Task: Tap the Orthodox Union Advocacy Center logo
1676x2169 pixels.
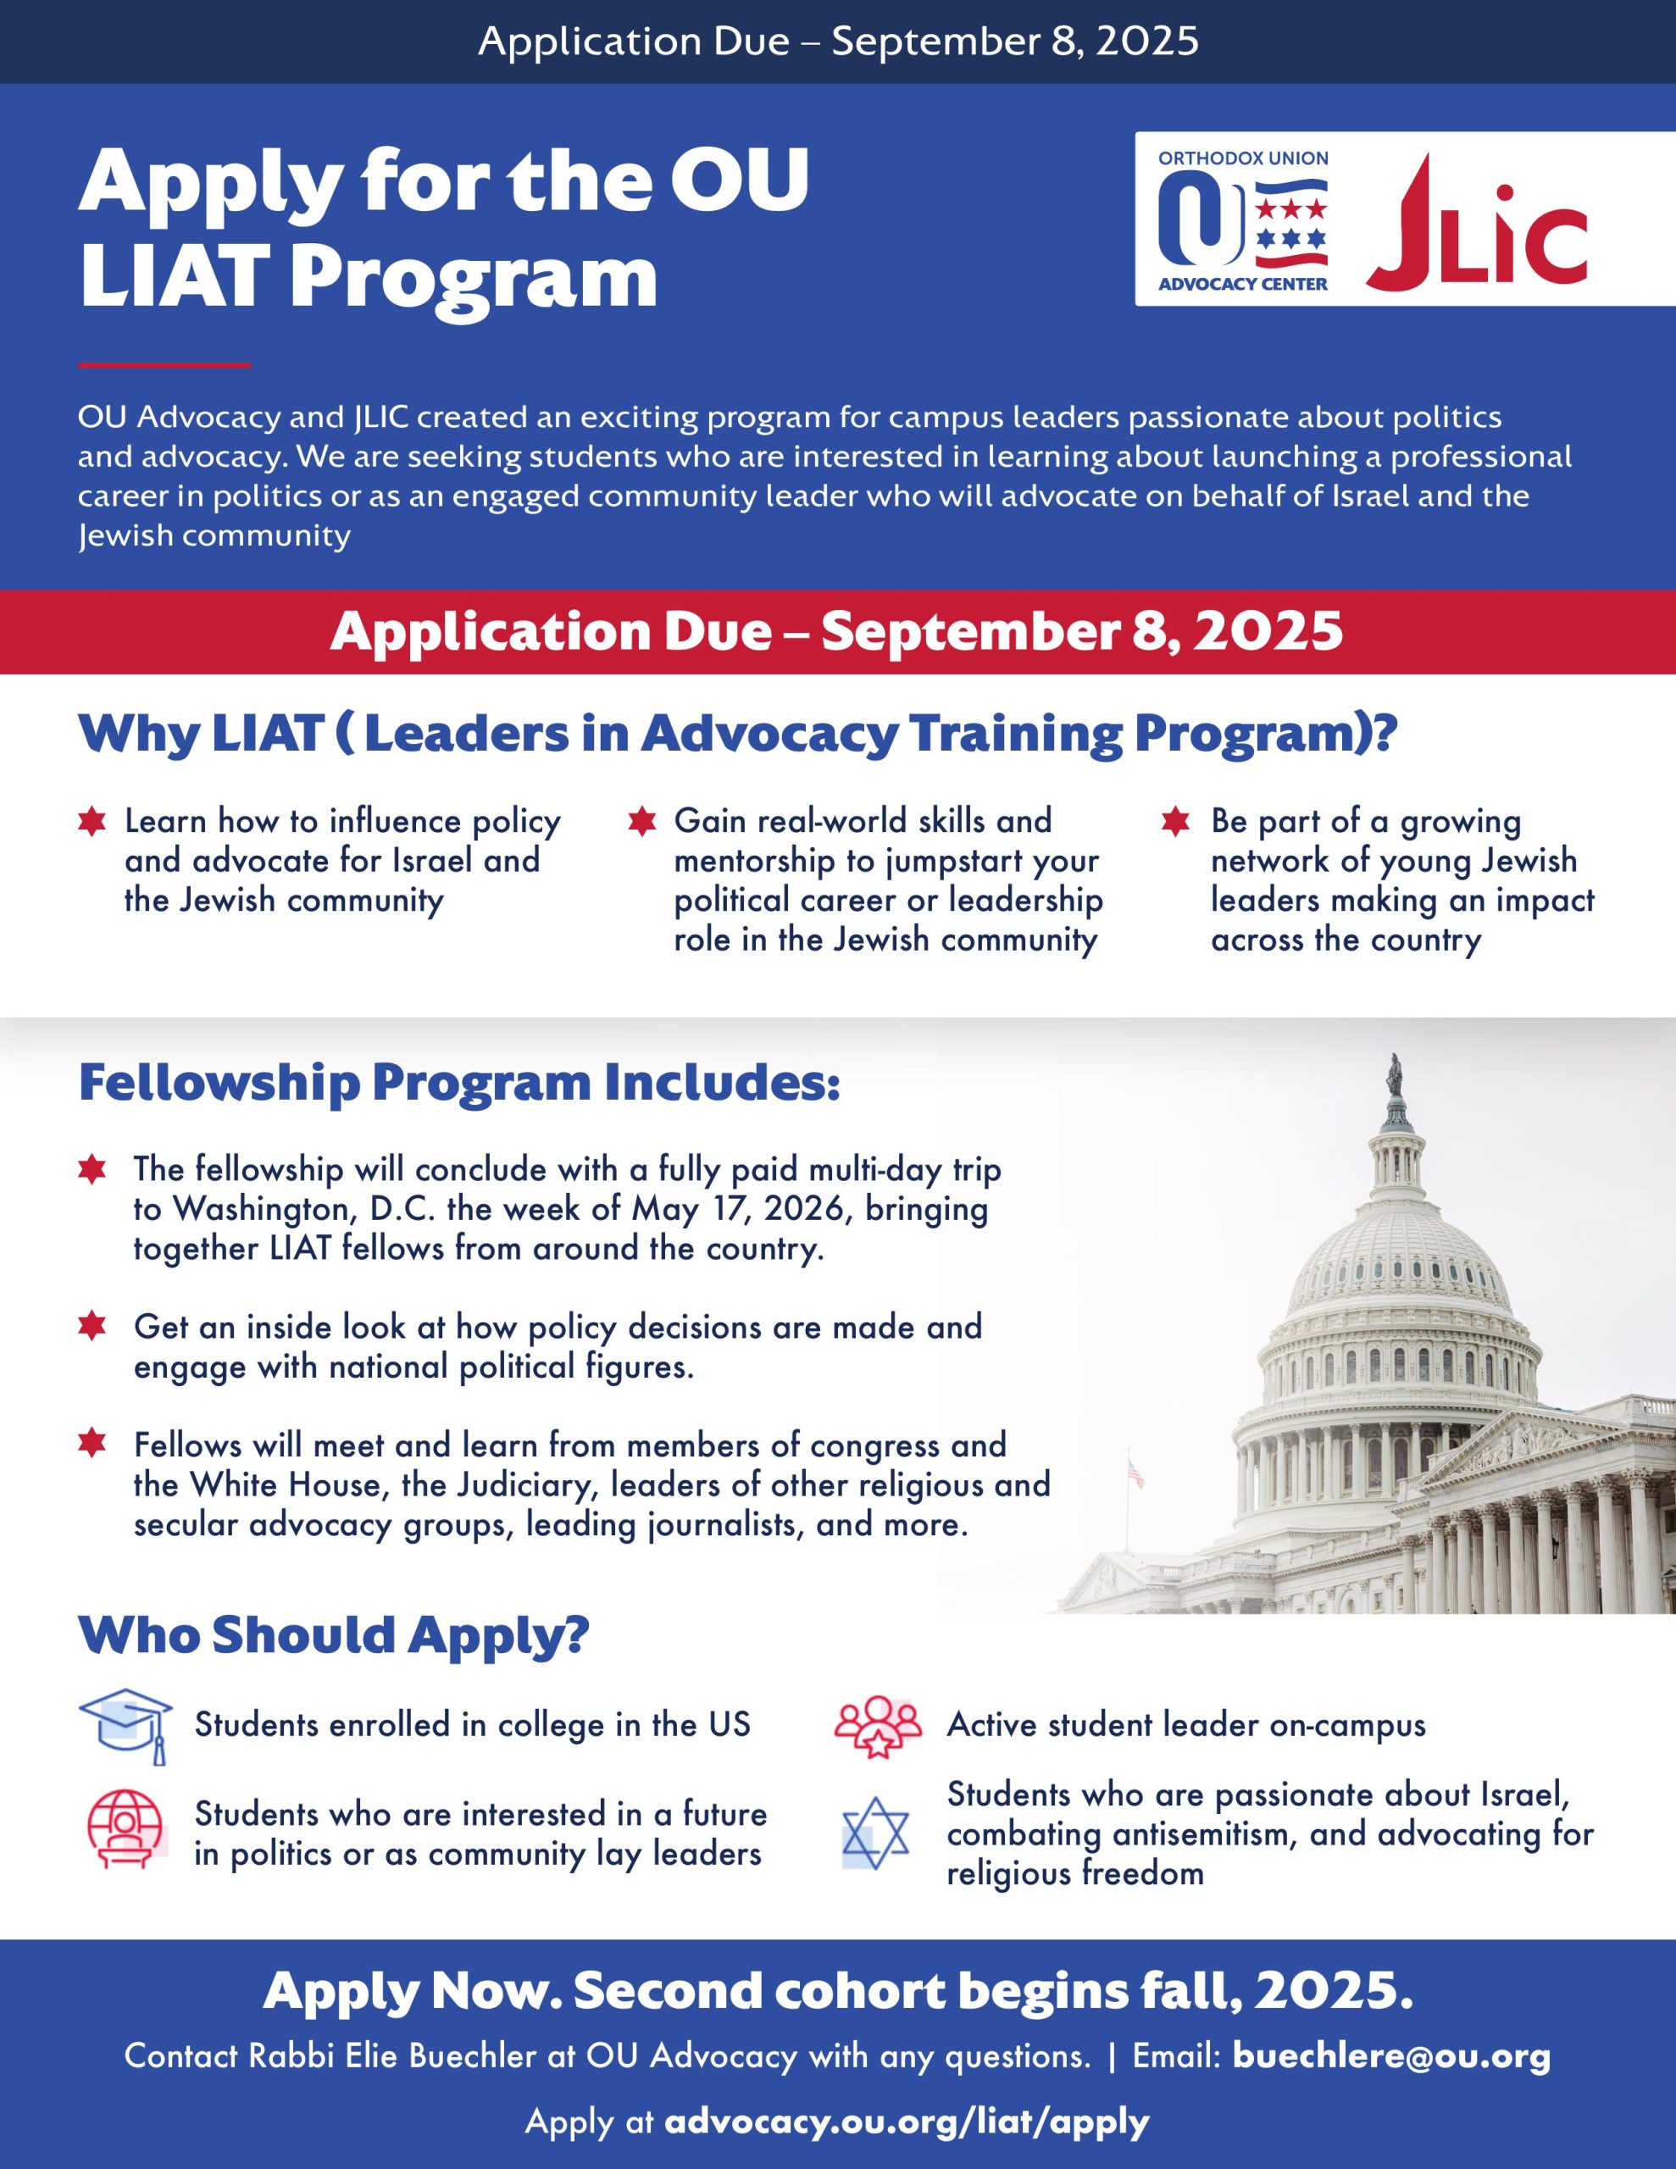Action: [x=1243, y=221]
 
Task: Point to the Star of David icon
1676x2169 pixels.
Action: [x=875, y=1833]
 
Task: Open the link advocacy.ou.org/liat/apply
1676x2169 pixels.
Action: [x=906, y=2121]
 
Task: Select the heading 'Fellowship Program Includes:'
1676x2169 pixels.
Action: [x=459, y=1083]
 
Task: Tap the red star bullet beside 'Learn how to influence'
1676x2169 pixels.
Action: [x=92, y=823]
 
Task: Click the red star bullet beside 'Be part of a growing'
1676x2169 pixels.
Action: [x=1175, y=823]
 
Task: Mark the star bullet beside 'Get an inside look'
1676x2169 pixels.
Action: [x=92, y=1327]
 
